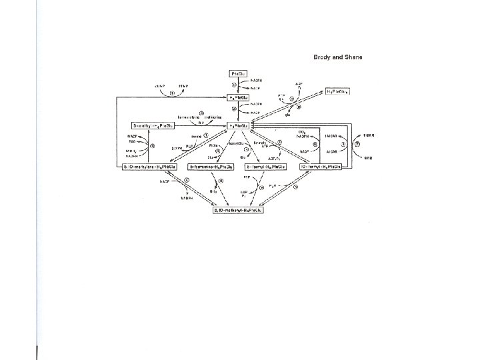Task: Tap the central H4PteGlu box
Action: click(238, 125)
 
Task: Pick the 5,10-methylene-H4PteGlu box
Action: click(147, 166)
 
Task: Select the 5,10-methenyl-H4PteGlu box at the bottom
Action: click(238, 210)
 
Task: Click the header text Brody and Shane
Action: click(338, 57)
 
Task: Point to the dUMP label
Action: click(159, 85)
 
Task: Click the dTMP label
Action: click(184, 85)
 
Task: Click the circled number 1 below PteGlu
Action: click(234, 85)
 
